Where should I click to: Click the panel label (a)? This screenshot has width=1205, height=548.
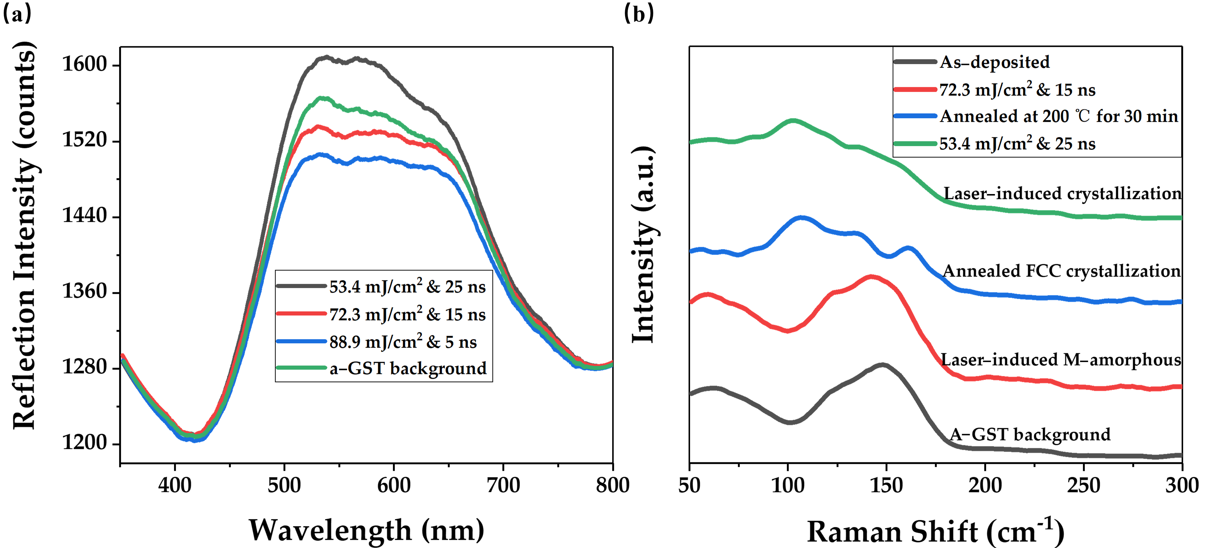[x=17, y=14]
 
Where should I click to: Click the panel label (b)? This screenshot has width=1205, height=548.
[x=639, y=14]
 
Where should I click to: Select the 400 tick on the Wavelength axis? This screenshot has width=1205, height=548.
[x=174, y=485]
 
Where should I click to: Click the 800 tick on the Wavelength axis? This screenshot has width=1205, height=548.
[x=612, y=485]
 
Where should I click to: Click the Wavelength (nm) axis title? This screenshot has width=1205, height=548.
[x=366, y=530]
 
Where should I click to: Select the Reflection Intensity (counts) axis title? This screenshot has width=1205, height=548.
[x=24, y=234]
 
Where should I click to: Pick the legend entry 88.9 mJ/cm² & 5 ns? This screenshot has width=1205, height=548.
[x=402, y=342]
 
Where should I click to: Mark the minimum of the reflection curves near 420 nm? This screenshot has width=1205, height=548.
[x=194, y=438]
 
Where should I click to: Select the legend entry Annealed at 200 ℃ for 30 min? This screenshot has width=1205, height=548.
[x=1058, y=117]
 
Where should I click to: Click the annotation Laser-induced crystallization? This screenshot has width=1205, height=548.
[x=1062, y=193]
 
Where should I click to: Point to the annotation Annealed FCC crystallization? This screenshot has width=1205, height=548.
[x=1061, y=271]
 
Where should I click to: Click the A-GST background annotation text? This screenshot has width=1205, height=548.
[x=1030, y=435]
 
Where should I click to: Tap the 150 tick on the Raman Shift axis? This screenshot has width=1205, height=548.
[x=886, y=485]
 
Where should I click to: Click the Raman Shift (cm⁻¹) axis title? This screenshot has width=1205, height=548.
[x=936, y=532]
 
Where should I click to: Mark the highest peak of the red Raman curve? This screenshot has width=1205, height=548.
[x=871, y=276]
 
